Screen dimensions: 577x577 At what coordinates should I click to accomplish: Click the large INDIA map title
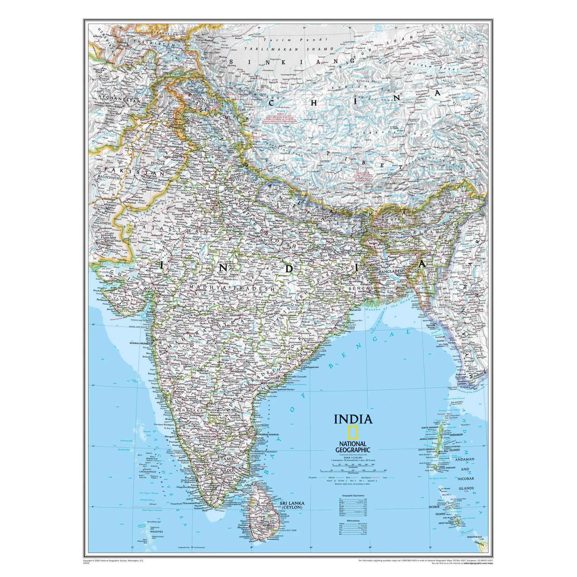click(x=353, y=419)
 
